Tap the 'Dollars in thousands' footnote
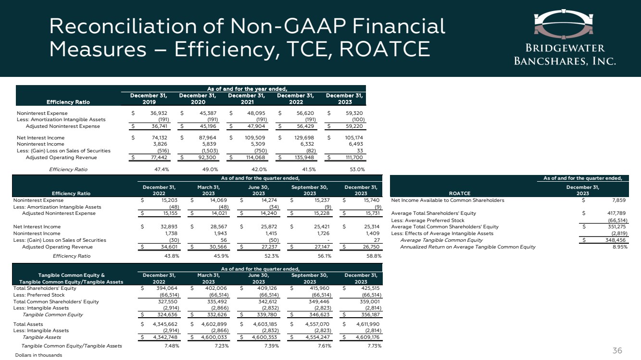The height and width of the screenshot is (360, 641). click(x=38, y=355)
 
